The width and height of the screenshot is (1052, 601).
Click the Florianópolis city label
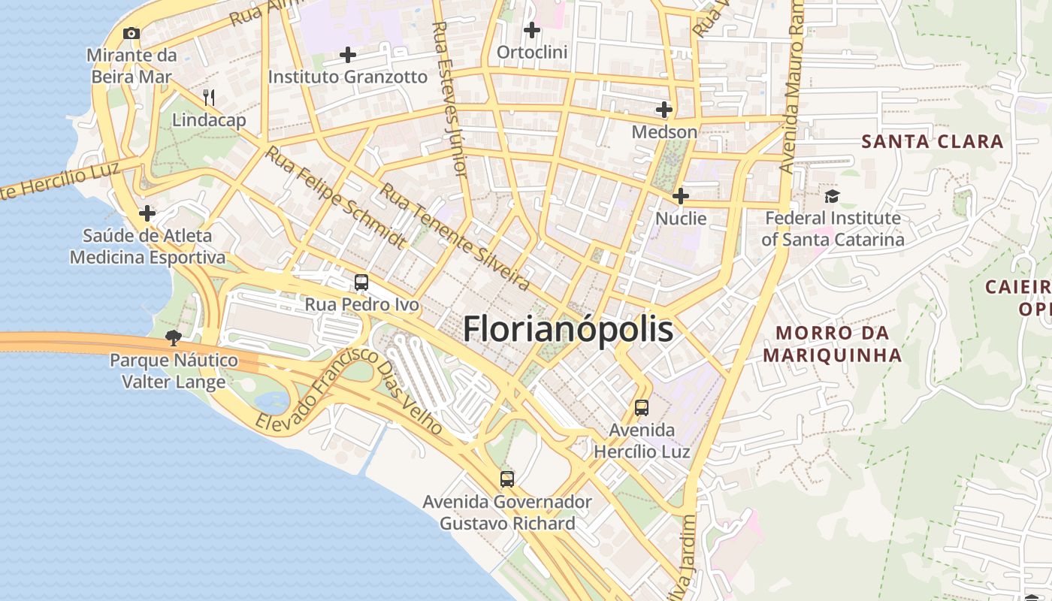(x=567, y=329)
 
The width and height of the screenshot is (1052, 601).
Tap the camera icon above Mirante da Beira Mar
(x=131, y=33)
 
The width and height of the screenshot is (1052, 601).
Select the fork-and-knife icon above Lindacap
(x=209, y=97)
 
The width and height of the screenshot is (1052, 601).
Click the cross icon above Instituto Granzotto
(x=348, y=55)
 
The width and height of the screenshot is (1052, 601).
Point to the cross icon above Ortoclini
(x=532, y=31)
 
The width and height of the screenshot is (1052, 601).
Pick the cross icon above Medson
(x=664, y=110)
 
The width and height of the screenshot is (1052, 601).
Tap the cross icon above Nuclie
(x=681, y=196)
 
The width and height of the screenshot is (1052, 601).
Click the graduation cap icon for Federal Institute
(x=832, y=196)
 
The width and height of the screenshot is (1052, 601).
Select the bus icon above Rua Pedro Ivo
(x=361, y=282)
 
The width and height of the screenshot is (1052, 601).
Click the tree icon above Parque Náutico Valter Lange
(x=174, y=337)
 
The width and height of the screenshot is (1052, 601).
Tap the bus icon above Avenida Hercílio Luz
(x=642, y=408)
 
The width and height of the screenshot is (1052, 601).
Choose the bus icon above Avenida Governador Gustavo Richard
(x=507, y=479)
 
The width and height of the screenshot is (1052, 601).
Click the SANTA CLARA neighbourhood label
(x=932, y=141)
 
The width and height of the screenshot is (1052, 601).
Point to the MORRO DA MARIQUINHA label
(x=833, y=343)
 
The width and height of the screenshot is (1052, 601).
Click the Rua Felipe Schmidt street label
(x=336, y=197)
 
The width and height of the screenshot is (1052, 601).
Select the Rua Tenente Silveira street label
(x=455, y=237)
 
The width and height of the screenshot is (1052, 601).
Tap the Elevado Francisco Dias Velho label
(x=349, y=390)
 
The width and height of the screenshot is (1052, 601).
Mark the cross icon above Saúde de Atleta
(x=147, y=214)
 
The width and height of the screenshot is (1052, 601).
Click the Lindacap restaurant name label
(x=209, y=120)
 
